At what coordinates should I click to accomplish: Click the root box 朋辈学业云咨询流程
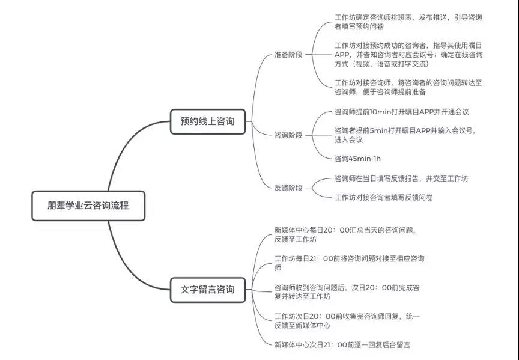point(88,206)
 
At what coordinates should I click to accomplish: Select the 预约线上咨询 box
point(207,121)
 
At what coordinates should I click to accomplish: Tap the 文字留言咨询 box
point(207,290)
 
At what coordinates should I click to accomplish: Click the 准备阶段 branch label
point(288,55)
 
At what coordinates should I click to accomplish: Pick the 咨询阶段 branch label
point(288,135)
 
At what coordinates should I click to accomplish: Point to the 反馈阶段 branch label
point(288,188)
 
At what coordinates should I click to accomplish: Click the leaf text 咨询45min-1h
point(357,159)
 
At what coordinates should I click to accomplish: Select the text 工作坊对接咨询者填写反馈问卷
point(384,197)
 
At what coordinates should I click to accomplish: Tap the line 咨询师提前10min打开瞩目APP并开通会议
point(401,112)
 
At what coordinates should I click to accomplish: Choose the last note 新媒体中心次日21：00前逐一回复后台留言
point(342,345)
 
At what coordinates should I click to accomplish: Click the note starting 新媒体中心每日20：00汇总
point(345,234)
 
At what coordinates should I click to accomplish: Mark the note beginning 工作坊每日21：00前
point(349,263)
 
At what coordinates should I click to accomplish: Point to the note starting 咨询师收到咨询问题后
point(347,291)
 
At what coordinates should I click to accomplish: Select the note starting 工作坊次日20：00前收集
point(347,320)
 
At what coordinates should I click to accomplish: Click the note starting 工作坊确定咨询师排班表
point(408,22)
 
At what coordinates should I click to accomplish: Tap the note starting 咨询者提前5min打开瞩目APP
point(405,135)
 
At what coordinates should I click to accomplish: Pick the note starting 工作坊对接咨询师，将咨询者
point(408,87)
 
